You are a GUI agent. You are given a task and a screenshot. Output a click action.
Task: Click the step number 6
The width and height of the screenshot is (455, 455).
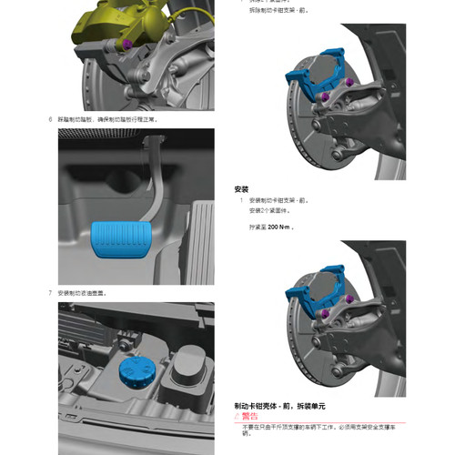pos(49,118)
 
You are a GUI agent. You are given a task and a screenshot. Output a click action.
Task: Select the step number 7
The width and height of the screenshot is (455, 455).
pos(49,293)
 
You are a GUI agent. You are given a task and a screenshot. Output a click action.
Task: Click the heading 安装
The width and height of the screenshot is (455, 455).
pos(241,189)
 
